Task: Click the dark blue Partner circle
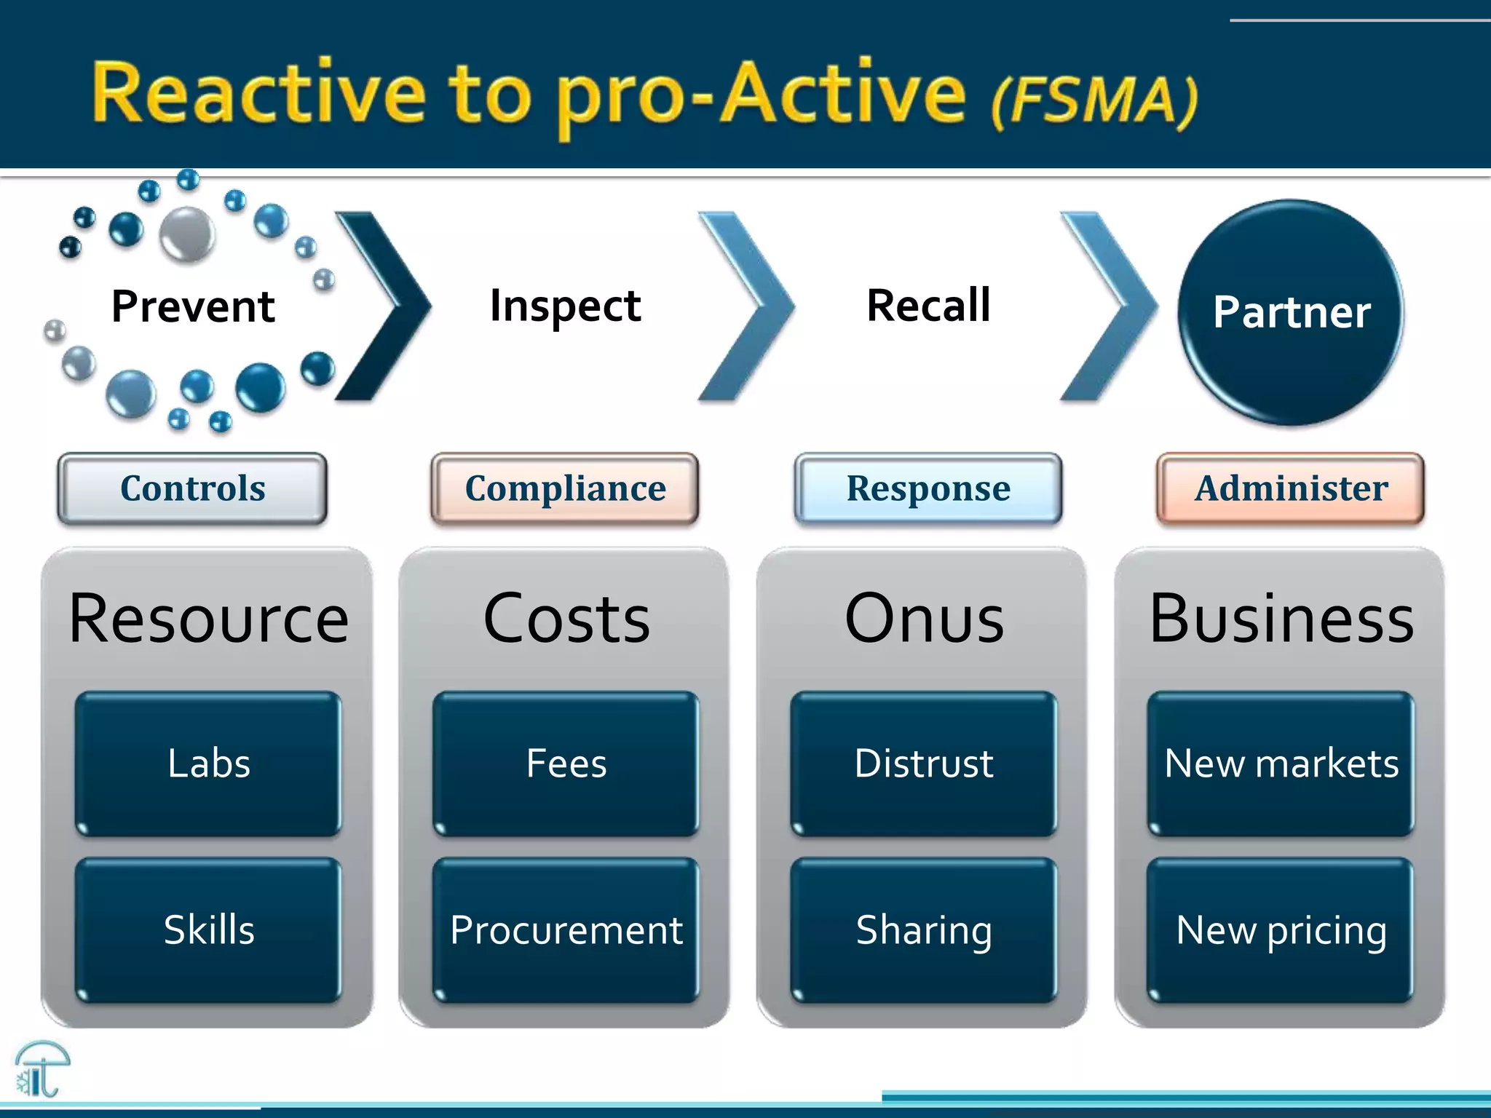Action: (1290, 312)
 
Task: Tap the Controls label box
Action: (192, 488)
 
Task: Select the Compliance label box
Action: (565, 488)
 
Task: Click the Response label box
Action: (928, 488)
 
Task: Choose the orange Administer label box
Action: (1291, 488)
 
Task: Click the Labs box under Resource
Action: (208, 764)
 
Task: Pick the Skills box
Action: (208, 930)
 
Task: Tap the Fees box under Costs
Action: (566, 764)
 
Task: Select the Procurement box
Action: (566, 930)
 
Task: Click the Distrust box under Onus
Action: (923, 764)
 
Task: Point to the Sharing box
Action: (923, 930)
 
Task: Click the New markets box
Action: (1281, 764)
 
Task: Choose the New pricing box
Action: (1281, 930)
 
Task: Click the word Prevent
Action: (193, 306)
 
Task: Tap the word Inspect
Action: (565, 306)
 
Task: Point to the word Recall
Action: (928, 305)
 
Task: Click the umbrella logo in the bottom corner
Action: (41, 1069)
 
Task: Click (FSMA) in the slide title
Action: (1094, 101)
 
